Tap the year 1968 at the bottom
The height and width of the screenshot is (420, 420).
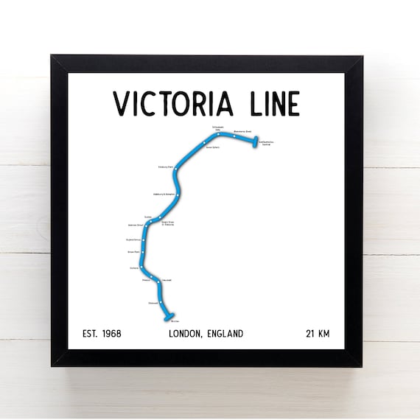111,334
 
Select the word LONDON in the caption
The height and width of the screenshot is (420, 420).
188,334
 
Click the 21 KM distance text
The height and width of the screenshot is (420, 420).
318,334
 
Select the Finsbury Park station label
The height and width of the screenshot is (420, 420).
165,167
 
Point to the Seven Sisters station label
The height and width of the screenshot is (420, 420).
212,146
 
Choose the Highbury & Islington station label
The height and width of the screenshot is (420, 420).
163,194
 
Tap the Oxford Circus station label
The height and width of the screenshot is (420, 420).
133,239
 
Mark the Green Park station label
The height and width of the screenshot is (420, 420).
134,253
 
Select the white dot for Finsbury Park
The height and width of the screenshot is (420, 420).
176,168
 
